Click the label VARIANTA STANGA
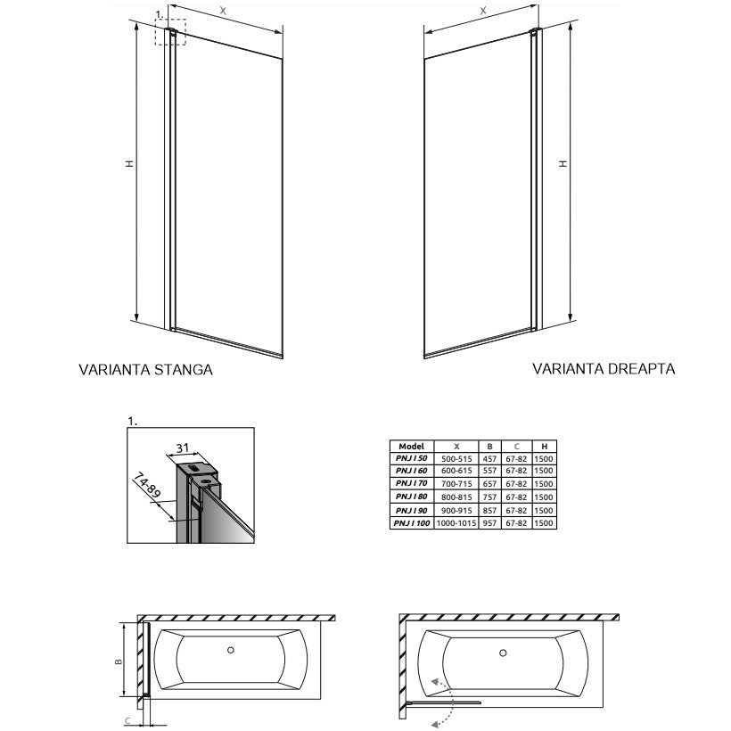pyautogui.click(x=145, y=370)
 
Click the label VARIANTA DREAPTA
pyautogui.click(x=604, y=368)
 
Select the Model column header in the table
pyautogui.click(x=411, y=445)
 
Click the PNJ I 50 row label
pyautogui.click(x=411, y=457)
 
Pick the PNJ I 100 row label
pyautogui.click(x=411, y=524)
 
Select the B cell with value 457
pyautogui.click(x=489, y=457)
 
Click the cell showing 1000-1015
pyautogui.click(x=456, y=524)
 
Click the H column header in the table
pyautogui.click(x=544, y=445)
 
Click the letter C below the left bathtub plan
pyautogui.click(x=127, y=719)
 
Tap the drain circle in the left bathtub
pyautogui.click(x=232, y=650)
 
